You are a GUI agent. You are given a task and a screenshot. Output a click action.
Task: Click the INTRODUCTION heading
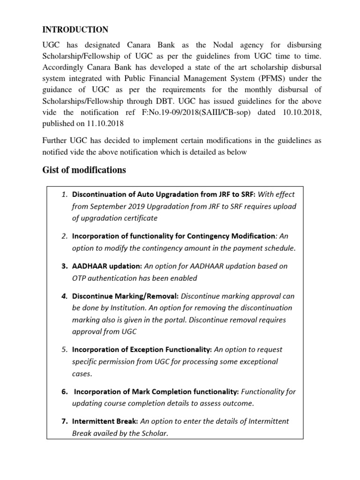coord(75,30)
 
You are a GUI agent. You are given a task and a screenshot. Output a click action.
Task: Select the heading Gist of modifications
coord(84,170)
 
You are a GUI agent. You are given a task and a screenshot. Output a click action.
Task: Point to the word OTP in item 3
coord(80,278)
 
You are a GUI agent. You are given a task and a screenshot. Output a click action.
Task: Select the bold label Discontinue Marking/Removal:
coord(125,296)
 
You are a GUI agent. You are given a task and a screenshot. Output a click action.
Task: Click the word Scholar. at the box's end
coord(152,433)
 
